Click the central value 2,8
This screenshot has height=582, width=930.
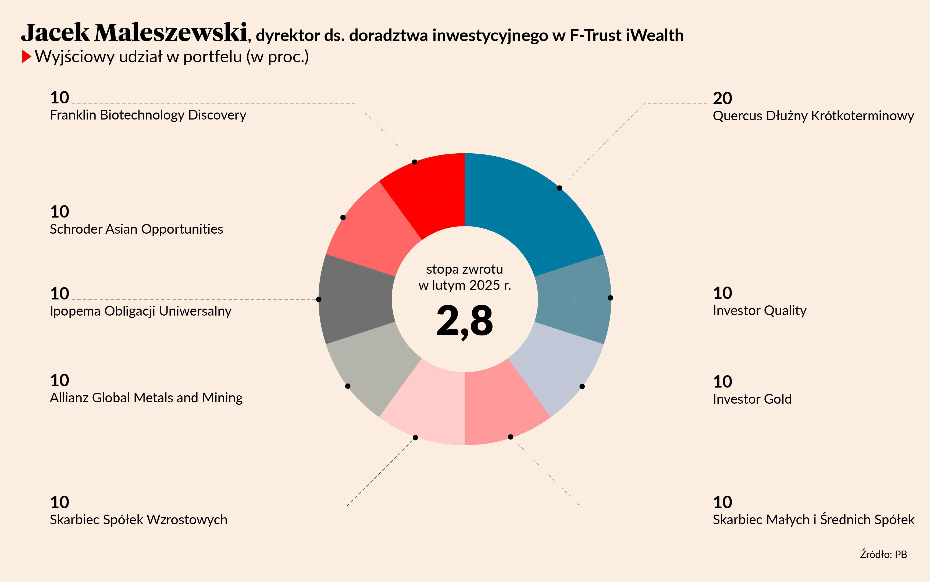coord(465,321)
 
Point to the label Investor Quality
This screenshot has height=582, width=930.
coord(759,310)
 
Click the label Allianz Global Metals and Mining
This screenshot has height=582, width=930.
coord(146,397)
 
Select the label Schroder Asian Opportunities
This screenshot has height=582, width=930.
coord(136,229)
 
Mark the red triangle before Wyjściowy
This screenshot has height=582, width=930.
coord(26,57)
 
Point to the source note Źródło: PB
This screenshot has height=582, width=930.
coord(883,554)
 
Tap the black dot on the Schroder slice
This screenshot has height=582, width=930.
coord(343,218)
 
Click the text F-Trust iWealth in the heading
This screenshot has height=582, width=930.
coord(626,35)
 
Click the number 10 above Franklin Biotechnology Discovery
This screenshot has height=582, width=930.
coord(60,98)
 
